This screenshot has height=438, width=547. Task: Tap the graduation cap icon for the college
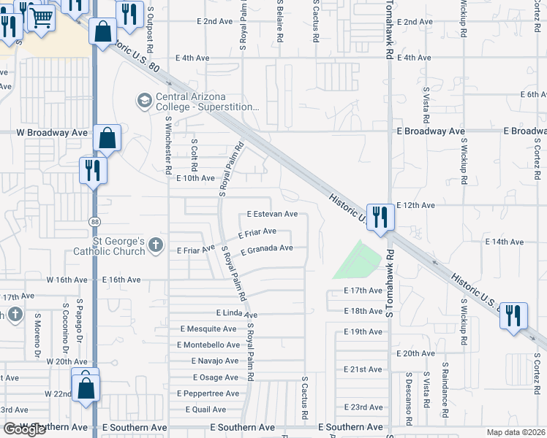click(x=144, y=99)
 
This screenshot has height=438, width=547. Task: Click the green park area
click(x=358, y=259)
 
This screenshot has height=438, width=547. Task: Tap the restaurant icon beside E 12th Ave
click(x=380, y=217)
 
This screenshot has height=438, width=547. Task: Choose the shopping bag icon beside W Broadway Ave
click(x=107, y=137)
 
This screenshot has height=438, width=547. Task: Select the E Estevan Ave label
click(x=272, y=215)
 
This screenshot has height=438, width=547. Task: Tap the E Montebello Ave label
click(x=209, y=345)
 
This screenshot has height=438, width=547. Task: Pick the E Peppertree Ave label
click(x=208, y=393)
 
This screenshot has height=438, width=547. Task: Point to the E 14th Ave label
click(x=505, y=242)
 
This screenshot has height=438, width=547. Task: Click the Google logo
click(x=24, y=429)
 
